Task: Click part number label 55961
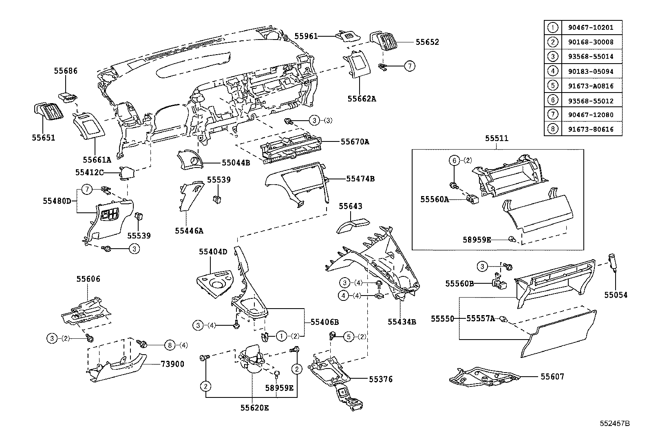tap(306, 36)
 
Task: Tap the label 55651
tap(44, 137)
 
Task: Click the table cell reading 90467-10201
tap(590, 28)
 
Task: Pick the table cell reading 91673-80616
tap(590, 130)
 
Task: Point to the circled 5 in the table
tap(552, 86)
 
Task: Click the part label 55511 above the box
tap(497, 138)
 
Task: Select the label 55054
tap(616, 295)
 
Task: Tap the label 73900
tap(173, 364)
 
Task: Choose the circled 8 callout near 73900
tap(170, 345)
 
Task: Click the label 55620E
tap(254, 407)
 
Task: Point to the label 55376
tap(381, 379)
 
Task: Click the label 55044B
tap(236, 163)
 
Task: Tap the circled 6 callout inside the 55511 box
tap(454, 160)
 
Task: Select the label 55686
tap(66, 71)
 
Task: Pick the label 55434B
tap(402, 322)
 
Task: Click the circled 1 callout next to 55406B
tap(281, 336)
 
